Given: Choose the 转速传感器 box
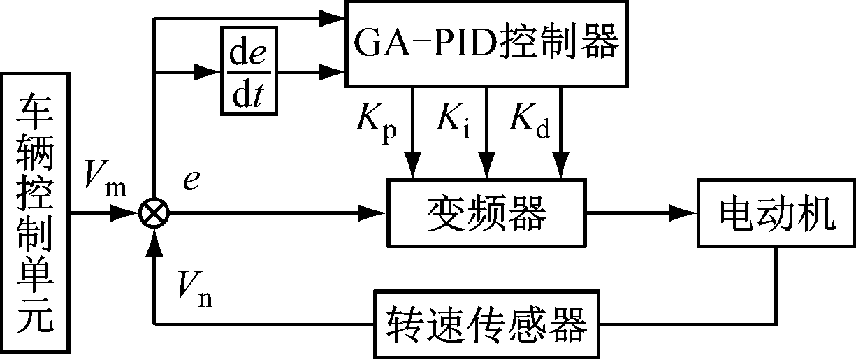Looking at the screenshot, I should coord(487,322).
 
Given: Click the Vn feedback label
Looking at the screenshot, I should coord(195,287).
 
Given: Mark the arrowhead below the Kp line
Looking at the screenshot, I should coord(414,168).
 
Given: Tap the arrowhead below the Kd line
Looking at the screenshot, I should coord(561,168).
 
